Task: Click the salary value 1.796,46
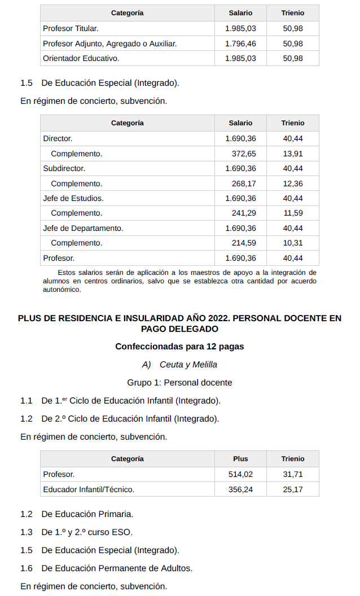click(x=240, y=43)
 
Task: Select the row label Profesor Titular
click(x=71, y=28)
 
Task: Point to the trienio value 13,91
click(x=293, y=154)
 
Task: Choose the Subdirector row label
click(x=64, y=168)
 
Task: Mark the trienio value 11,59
click(x=293, y=213)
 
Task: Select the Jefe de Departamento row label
click(x=83, y=228)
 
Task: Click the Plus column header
click(x=240, y=459)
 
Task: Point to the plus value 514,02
click(x=240, y=475)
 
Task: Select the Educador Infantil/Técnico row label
click(x=89, y=489)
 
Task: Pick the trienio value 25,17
click(x=293, y=489)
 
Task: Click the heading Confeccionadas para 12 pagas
click(x=179, y=346)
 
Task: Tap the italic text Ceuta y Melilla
click(x=188, y=365)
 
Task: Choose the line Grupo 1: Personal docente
click(x=179, y=383)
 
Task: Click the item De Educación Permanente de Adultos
click(x=117, y=568)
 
